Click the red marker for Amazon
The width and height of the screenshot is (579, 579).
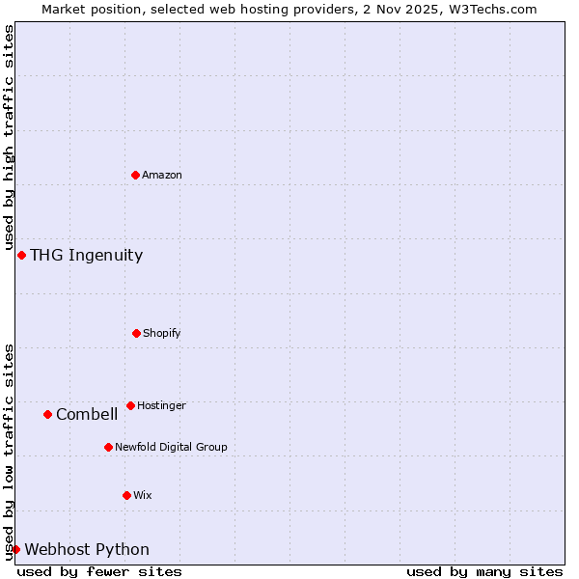(x=135, y=175)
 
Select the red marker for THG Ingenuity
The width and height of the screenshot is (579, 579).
(x=21, y=255)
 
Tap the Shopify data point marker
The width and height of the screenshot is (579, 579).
(x=136, y=333)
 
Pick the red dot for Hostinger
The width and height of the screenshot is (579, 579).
(x=130, y=405)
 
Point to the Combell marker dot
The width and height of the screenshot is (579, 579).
(x=47, y=414)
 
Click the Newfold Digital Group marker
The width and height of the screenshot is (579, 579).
(x=108, y=447)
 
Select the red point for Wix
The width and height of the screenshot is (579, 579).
(x=126, y=495)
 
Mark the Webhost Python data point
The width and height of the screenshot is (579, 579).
(x=15, y=549)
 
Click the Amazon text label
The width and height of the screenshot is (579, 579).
(x=162, y=175)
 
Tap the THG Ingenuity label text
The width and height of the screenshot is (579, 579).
(x=86, y=255)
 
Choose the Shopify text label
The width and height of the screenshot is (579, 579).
(x=162, y=333)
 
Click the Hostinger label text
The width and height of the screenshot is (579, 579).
(x=161, y=405)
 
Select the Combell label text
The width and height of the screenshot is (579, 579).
(x=87, y=414)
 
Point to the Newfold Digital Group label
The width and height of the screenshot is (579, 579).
(x=171, y=447)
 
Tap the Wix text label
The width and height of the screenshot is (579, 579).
(x=143, y=495)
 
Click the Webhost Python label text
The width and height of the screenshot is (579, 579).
(x=87, y=549)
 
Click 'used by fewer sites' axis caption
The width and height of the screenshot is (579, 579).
(x=99, y=571)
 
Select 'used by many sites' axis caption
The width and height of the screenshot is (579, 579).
(x=484, y=571)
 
